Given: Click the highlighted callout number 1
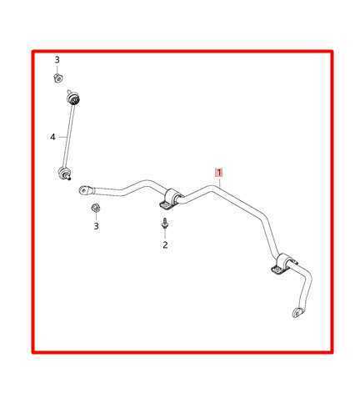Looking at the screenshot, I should [219, 173].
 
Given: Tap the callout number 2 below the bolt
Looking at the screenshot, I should [165, 244].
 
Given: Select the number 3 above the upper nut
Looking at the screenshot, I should [57, 60].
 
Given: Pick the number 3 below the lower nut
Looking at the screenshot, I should [97, 226].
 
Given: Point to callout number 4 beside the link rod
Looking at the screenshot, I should [52, 137].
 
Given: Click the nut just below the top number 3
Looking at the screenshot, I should [57, 78].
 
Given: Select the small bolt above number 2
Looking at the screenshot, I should [165, 224].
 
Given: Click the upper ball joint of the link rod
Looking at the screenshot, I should [72, 100].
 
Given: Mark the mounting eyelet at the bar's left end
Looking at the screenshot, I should [85, 190].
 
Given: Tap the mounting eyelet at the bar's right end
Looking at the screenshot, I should [297, 312].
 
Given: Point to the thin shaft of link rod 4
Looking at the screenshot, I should [68, 137].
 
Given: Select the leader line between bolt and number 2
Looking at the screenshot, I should [165, 234].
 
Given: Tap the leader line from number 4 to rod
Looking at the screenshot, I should [61, 137].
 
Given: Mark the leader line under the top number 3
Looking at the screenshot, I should [57, 69].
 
